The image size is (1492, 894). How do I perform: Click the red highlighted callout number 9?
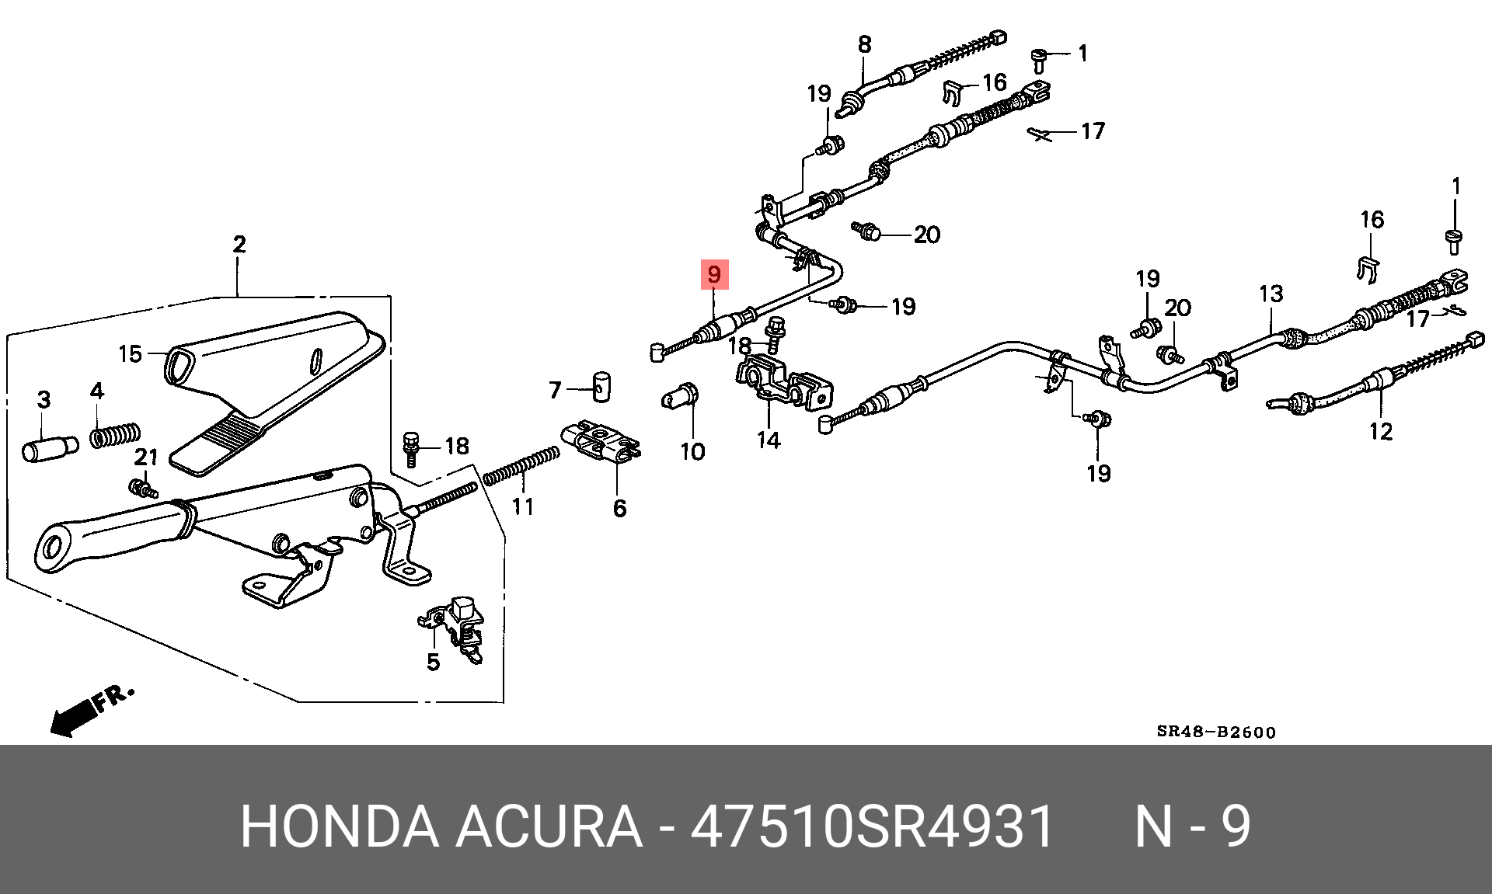(x=714, y=273)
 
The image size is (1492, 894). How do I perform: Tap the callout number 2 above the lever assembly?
(x=239, y=244)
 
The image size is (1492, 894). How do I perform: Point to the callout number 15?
(x=130, y=354)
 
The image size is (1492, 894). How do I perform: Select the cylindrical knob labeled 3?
(x=50, y=449)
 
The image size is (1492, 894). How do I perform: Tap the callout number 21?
(x=146, y=457)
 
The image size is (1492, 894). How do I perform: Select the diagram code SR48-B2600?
(x=1215, y=732)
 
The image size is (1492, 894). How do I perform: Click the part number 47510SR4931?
(x=872, y=826)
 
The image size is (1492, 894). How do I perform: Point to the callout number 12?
(x=1380, y=431)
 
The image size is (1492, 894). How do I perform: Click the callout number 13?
(x=1271, y=294)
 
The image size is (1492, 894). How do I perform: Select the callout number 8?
(x=864, y=44)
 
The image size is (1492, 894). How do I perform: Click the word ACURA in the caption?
(x=549, y=826)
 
